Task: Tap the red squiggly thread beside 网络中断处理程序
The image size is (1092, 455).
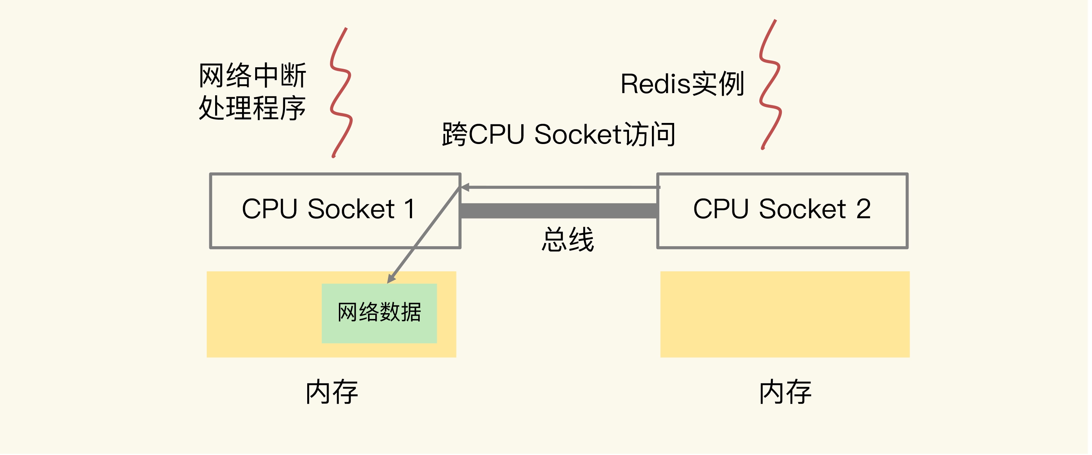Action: (342, 93)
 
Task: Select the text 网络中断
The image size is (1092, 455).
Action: (253, 76)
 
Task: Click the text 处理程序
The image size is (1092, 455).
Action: (253, 108)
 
